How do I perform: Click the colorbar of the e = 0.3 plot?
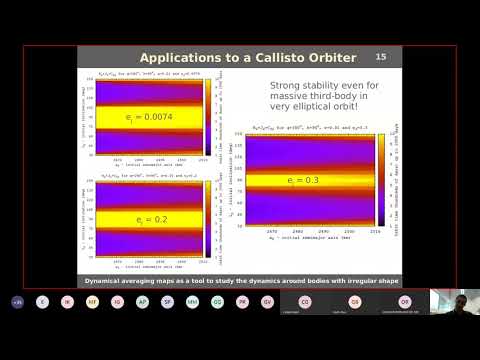click(x=382, y=180)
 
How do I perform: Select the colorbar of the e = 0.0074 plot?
click(x=207, y=115)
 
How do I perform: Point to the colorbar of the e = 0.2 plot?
click(x=207, y=215)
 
